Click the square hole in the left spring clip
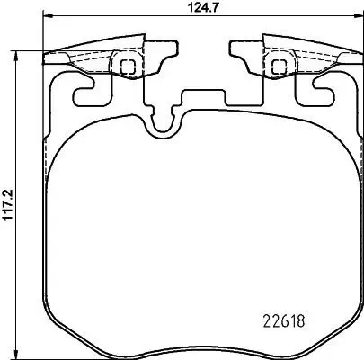click(128, 65)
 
